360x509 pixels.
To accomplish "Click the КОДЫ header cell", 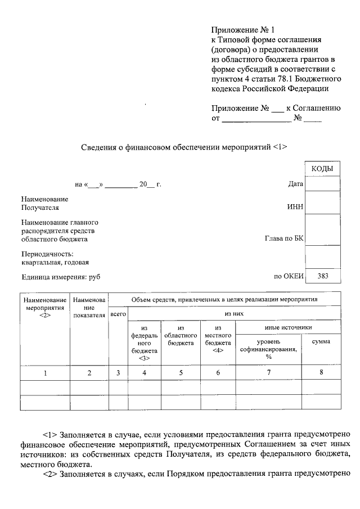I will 322,169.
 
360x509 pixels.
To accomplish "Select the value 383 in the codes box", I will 322,276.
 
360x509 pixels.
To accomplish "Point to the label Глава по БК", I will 284,239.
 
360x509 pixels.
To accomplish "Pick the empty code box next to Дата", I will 322,184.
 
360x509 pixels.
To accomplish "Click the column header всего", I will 118,315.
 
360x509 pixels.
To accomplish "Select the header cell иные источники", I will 288,327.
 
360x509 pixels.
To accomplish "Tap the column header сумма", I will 321,341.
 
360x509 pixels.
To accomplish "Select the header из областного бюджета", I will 181,335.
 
